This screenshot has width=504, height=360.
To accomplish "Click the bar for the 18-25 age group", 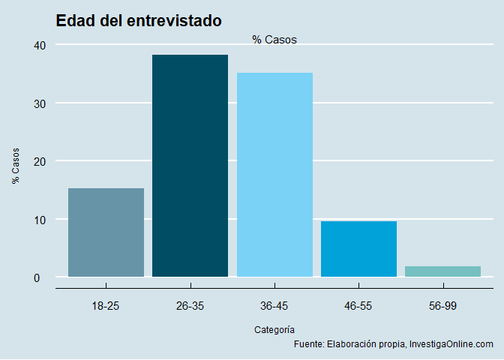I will pyautogui.click(x=106, y=232).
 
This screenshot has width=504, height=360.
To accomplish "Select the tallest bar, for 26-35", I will pyautogui.click(x=190, y=166).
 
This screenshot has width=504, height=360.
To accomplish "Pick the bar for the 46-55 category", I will pyautogui.click(x=358, y=249).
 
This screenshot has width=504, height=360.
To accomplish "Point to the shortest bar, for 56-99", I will pyautogui.click(x=442, y=271).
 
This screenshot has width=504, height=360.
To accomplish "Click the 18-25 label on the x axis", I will pyautogui.click(x=106, y=306).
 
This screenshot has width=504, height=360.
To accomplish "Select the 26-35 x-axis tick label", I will pyautogui.click(x=190, y=306).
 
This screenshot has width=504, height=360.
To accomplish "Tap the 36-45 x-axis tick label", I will pyautogui.click(x=274, y=306).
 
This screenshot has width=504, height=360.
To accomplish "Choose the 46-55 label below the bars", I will pyautogui.click(x=358, y=306).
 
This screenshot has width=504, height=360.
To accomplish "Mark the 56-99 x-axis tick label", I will pyautogui.click(x=442, y=306).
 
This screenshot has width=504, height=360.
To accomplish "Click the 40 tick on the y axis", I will pyautogui.click(x=40, y=45).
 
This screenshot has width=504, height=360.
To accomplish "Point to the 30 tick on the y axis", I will pyautogui.click(x=40, y=103).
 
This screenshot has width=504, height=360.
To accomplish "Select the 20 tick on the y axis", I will pyautogui.click(x=40, y=161).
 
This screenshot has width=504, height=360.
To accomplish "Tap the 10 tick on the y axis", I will pyautogui.click(x=40, y=220).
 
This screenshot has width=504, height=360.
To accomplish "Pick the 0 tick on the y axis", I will pyautogui.click(x=43, y=277).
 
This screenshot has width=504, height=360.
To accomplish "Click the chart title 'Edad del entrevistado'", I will pyautogui.click(x=139, y=21).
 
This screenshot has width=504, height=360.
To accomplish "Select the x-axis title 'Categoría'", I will pyautogui.click(x=274, y=329).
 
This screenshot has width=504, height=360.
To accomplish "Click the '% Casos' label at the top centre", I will pyautogui.click(x=274, y=40).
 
